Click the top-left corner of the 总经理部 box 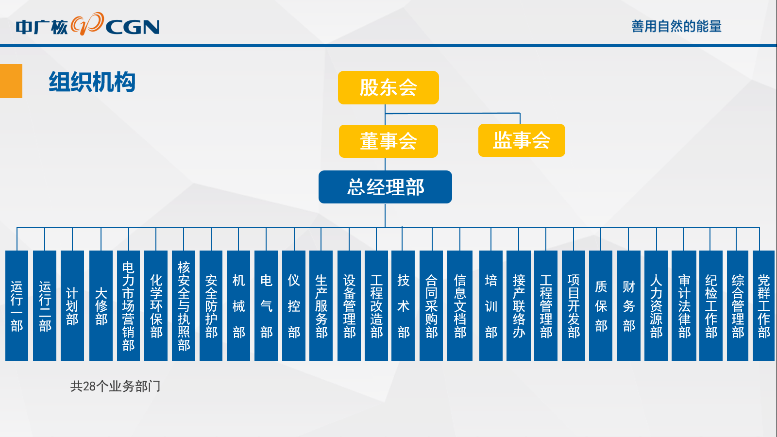coord(319,170)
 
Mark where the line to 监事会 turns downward coord(520,113)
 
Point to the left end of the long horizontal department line coord(17,228)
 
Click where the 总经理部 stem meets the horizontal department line coord(385,228)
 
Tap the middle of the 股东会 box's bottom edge coord(388,104)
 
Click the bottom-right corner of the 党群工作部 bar coord(775,361)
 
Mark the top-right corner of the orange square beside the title coord(22,64)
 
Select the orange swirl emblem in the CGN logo coord(87,24)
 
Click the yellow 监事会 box coord(522,140)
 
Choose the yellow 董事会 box coord(388,141)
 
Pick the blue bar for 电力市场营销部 coord(128,306)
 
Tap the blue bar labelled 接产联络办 coord(519,306)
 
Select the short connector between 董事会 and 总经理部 coord(385,164)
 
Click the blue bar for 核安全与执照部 coord(184,306)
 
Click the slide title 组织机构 coord(92,82)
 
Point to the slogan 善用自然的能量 coord(676,26)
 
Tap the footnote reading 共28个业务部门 coord(116,387)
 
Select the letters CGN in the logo coord(133,27)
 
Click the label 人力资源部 coord(656,306)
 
